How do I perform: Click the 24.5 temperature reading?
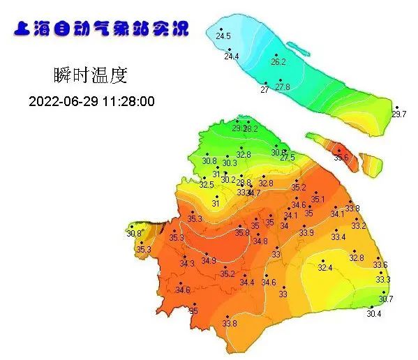coord(223,36)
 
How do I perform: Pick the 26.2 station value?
coord(278,62)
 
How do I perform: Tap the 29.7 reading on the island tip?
coord(398,114)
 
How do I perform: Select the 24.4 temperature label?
coord(231,57)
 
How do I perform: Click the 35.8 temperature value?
coord(241,232)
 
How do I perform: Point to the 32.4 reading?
coord(325,268)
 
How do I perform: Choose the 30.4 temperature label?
coord(374,314)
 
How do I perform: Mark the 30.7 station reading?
coord(386,299)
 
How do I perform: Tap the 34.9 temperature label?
coord(209,261)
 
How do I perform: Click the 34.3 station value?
coord(187,264)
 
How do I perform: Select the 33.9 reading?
coord(306,232)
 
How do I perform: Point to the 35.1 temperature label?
coord(318,200)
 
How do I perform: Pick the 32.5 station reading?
coord(207,185)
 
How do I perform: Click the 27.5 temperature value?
coord(288,158)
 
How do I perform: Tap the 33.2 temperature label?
coord(358,226)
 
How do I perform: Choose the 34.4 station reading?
coord(247,283)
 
